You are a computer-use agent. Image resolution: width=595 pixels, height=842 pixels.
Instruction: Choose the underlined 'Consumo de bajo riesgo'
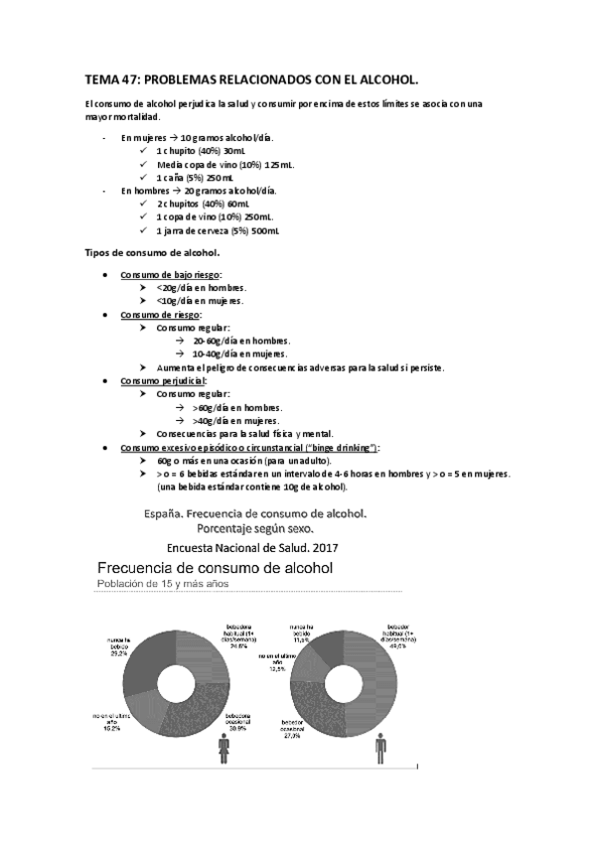pos(170,274)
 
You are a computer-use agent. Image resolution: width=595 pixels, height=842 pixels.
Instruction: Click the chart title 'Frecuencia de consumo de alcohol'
pos(214,567)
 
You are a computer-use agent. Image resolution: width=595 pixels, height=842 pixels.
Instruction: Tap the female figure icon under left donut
pos(221,747)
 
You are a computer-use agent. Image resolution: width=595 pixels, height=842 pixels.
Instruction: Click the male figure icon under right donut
pos(382,745)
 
